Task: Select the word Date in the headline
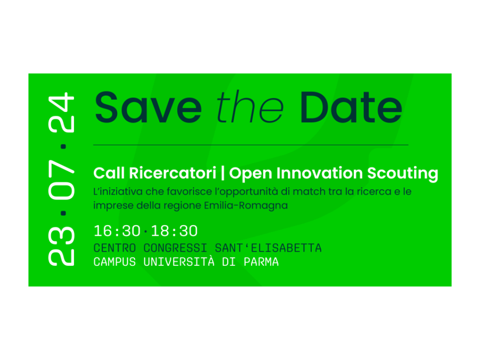(x=351, y=107)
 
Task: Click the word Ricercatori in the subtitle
(x=172, y=173)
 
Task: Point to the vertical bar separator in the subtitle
(x=223, y=173)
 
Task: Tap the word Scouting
(x=403, y=174)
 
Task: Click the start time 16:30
(x=117, y=231)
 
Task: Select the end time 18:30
(x=174, y=231)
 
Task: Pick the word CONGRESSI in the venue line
(x=175, y=248)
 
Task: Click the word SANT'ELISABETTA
(x=268, y=248)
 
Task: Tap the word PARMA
(x=261, y=262)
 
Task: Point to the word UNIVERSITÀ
(x=179, y=262)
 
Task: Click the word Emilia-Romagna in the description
(x=246, y=205)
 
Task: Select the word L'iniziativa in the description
(x=118, y=192)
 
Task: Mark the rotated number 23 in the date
(x=61, y=246)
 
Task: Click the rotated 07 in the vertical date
(x=61, y=180)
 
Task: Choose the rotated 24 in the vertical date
(x=61, y=112)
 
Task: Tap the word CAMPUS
(x=114, y=262)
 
